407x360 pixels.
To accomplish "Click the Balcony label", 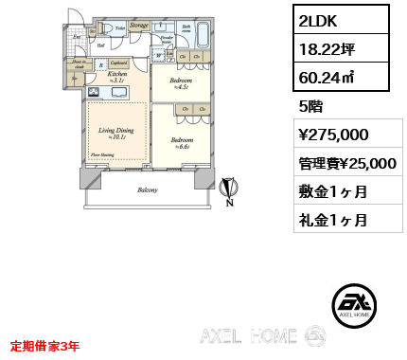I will (146, 190).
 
